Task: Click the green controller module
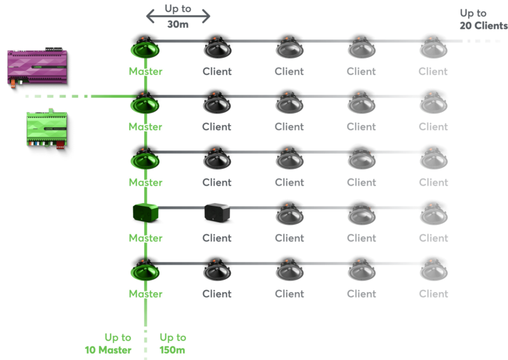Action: tap(46, 130)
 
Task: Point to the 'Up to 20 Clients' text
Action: tap(483, 19)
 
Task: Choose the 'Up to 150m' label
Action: tap(172, 343)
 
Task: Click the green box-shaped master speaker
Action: tap(145, 213)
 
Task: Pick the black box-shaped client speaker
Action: tap(217, 213)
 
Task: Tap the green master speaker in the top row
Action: tap(145, 48)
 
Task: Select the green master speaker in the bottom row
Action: tap(145, 270)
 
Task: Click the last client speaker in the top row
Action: tap(434, 48)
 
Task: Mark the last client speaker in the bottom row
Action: tap(434, 270)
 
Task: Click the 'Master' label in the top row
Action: tap(145, 71)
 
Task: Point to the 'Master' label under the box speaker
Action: tap(145, 238)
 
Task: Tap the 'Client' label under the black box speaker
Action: tap(217, 238)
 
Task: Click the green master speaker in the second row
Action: tap(145, 103)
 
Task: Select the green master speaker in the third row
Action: tap(145, 159)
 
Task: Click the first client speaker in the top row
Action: tap(217, 48)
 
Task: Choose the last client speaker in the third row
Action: tap(434, 159)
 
